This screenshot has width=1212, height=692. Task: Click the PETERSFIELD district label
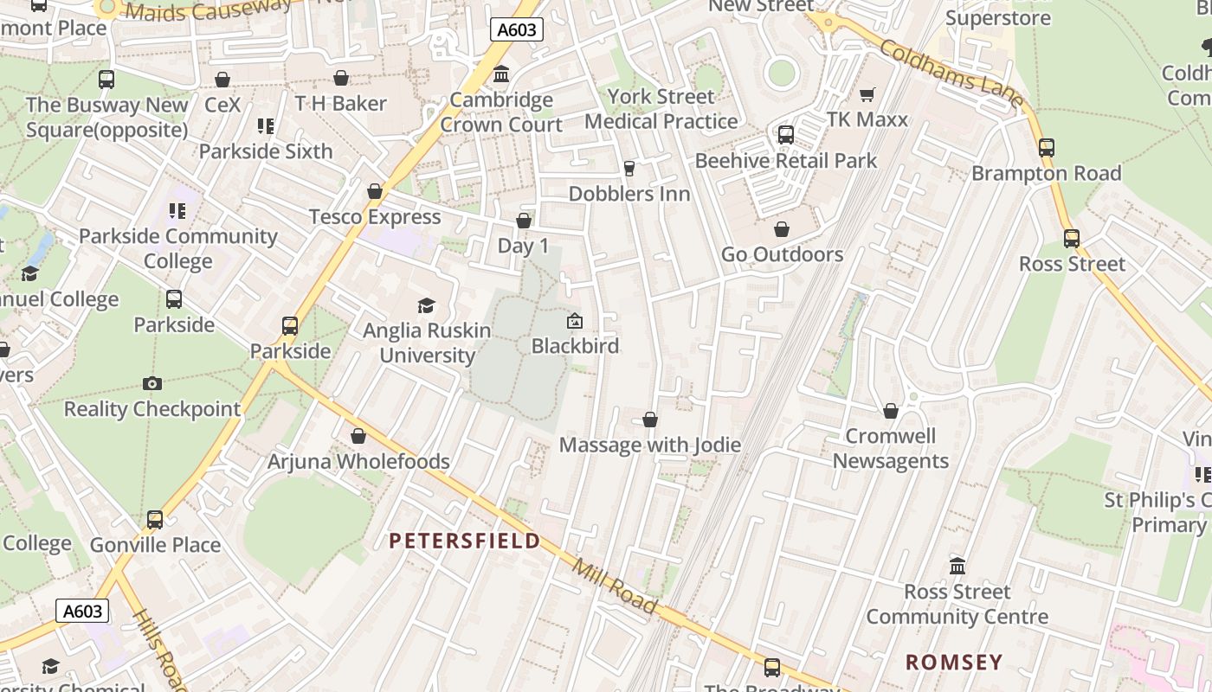point(464,541)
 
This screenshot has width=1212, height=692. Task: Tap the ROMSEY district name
point(953,663)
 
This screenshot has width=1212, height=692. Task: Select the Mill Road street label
point(614,585)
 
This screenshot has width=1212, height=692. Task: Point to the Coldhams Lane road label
point(951,74)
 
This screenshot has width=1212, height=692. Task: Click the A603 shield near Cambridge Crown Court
point(516,29)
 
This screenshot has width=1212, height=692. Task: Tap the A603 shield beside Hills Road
point(83,611)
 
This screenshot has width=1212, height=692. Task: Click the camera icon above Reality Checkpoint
point(151,383)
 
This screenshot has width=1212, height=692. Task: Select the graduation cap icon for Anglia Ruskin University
point(426,305)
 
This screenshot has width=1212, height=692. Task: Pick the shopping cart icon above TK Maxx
point(867,94)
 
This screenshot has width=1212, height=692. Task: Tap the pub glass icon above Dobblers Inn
point(629,168)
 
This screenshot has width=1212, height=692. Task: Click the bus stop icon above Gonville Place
point(155,520)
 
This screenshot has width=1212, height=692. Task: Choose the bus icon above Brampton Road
point(1047,148)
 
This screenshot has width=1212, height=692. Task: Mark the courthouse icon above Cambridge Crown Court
point(501,75)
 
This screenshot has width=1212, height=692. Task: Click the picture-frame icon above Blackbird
point(574,321)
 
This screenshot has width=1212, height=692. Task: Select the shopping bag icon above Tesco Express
point(375,191)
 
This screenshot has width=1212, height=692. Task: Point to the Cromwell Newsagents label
point(891,448)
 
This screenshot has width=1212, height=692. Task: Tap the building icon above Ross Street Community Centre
point(957,567)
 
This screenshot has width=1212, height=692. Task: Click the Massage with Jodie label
point(649,445)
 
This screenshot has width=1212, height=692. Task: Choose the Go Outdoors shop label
point(782,254)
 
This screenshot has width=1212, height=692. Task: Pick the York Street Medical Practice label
point(661,109)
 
